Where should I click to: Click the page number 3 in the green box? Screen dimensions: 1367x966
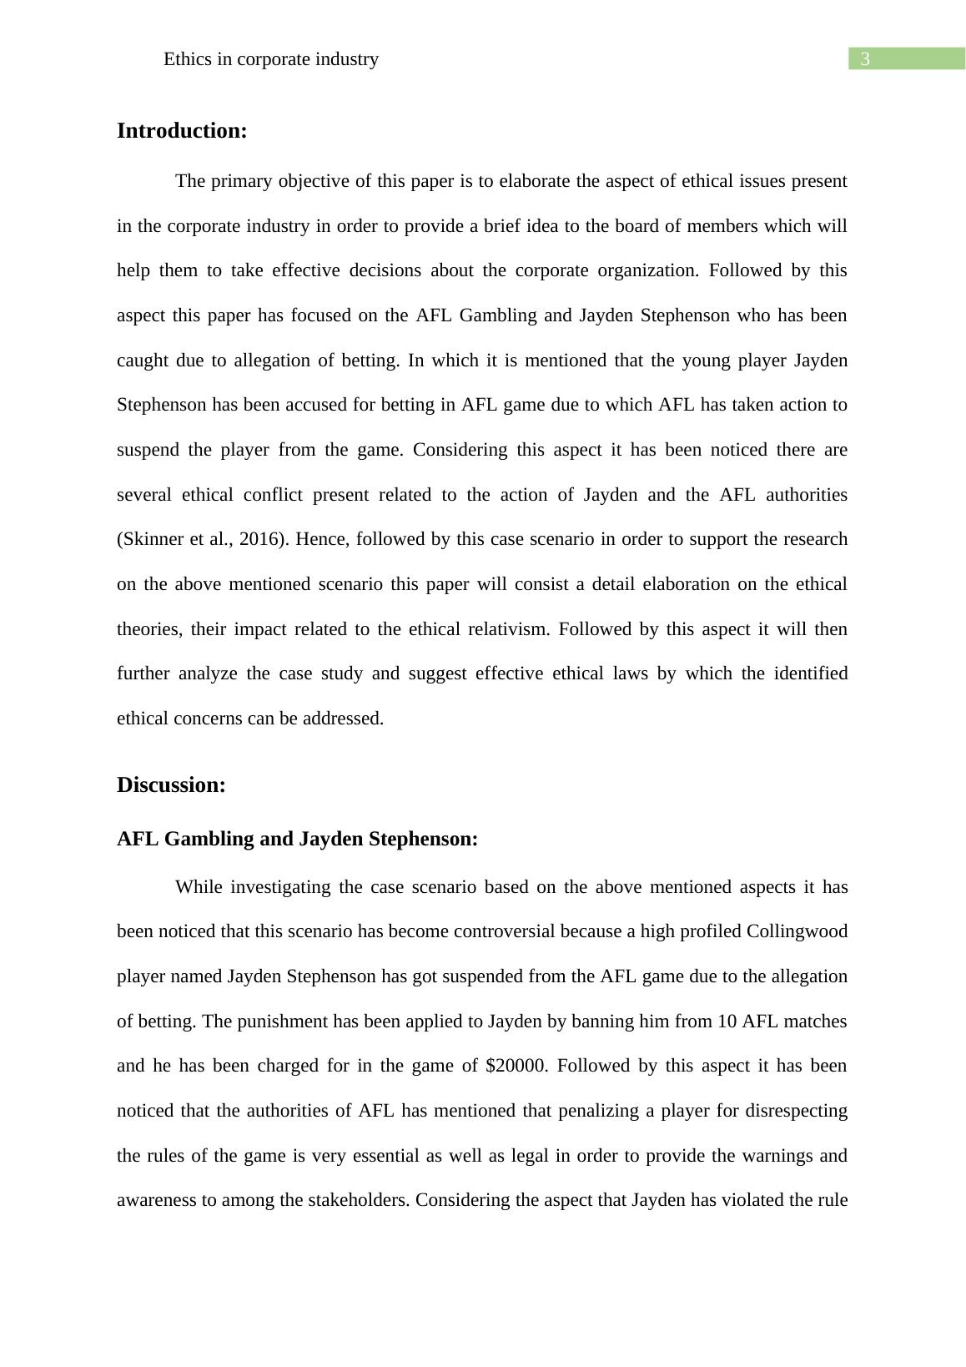tap(865, 59)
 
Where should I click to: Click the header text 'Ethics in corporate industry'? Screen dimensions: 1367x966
tap(271, 59)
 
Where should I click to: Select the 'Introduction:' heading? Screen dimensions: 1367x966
tap(182, 131)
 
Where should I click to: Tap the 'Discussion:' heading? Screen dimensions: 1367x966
tap(171, 785)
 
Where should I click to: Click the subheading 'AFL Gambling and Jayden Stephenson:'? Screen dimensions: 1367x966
tap(297, 839)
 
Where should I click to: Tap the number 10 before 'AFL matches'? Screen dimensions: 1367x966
tap(727, 1021)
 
